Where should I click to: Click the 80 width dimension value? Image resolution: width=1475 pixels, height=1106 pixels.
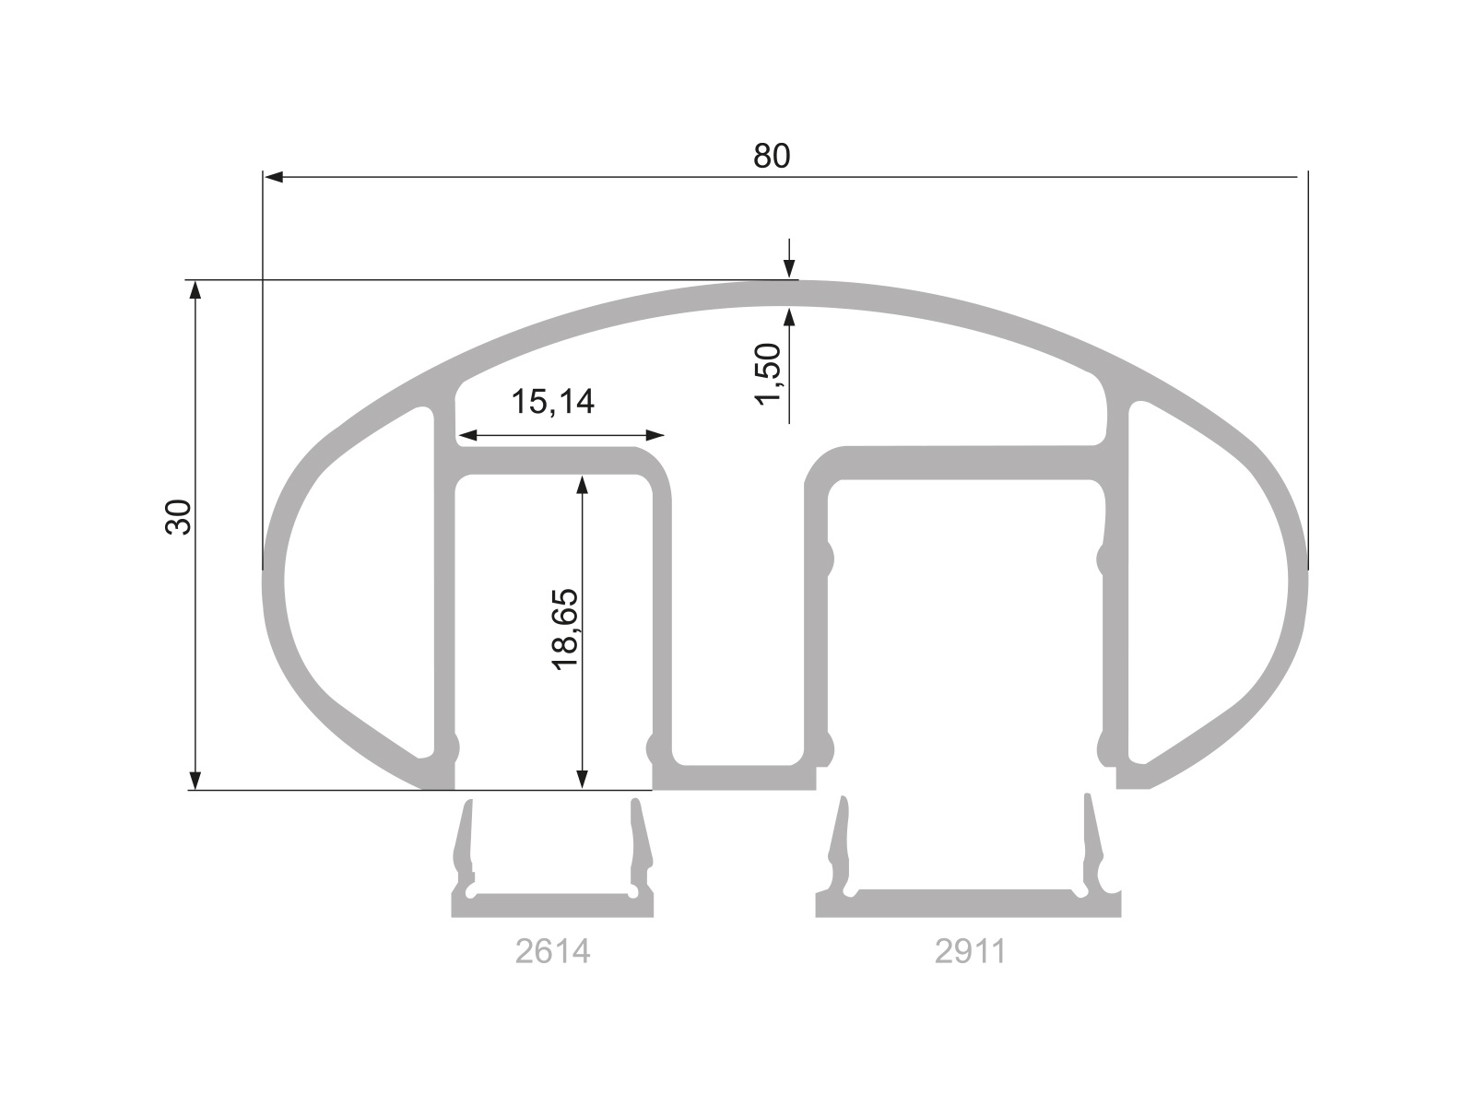pos(772,157)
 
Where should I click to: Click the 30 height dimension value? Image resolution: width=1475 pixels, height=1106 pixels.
pos(178,516)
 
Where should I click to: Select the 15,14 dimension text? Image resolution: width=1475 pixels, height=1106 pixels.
pos(552,402)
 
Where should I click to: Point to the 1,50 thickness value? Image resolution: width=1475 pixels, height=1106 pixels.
pos(768,372)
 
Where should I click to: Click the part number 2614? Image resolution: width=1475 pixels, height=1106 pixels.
pos(552,951)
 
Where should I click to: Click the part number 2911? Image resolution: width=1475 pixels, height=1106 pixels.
pos(970,951)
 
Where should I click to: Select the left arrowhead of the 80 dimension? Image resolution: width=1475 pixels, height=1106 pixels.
pos(273,175)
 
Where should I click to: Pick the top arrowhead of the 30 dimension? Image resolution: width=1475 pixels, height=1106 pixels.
pos(195,290)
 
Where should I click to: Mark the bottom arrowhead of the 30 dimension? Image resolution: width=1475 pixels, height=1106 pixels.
pos(195,780)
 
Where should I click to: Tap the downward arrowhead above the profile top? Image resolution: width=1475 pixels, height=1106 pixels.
pos(789,268)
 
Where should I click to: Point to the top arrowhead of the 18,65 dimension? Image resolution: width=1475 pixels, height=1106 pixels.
pos(582,485)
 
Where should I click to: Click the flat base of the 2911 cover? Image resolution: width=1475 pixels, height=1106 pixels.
pos(968,906)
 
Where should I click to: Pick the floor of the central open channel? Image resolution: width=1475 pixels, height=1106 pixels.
pos(737,777)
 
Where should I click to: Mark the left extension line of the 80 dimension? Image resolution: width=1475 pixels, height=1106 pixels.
pos(262,369)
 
